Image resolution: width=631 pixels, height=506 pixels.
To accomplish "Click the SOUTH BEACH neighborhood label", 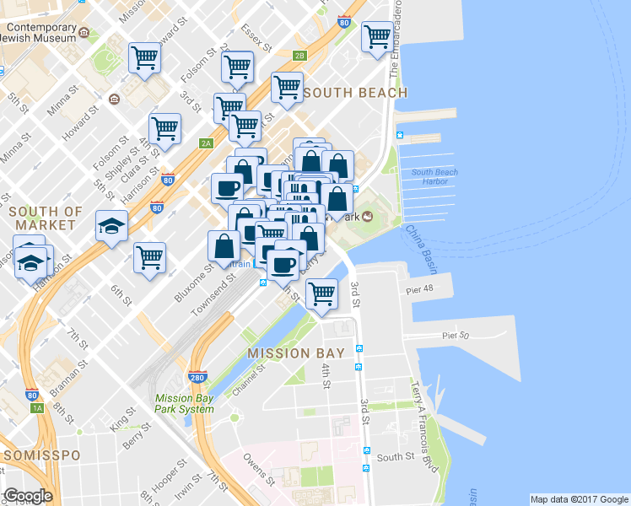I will [x=355, y=92].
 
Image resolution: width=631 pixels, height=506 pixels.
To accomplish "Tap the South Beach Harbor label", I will [x=434, y=177].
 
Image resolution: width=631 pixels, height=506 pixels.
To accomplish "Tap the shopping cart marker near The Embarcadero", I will [x=376, y=36].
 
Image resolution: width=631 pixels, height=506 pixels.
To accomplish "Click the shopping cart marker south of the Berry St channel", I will [x=322, y=294].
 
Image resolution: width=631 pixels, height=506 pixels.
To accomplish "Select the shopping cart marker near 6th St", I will [x=149, y=257].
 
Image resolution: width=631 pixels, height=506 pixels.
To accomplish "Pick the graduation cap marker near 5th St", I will [x=111, y=226].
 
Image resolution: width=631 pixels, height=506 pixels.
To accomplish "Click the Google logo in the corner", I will [x=28, y=496].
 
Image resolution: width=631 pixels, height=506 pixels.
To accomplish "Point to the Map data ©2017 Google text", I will [x=579, y=499].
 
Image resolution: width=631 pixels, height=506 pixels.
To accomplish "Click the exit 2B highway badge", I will [x=299, y=56].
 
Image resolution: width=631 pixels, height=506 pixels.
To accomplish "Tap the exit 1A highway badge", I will [x=37, y=408].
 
